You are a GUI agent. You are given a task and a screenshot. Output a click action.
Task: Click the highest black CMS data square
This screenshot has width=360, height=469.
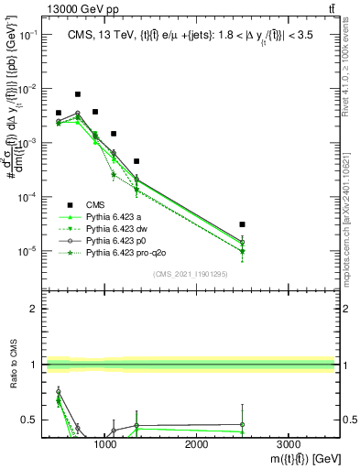[78, 94]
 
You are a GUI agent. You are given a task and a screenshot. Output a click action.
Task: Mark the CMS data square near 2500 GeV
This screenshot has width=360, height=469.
[242, 224]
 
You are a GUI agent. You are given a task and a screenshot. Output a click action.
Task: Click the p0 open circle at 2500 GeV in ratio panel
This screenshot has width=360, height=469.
[242, 424]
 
